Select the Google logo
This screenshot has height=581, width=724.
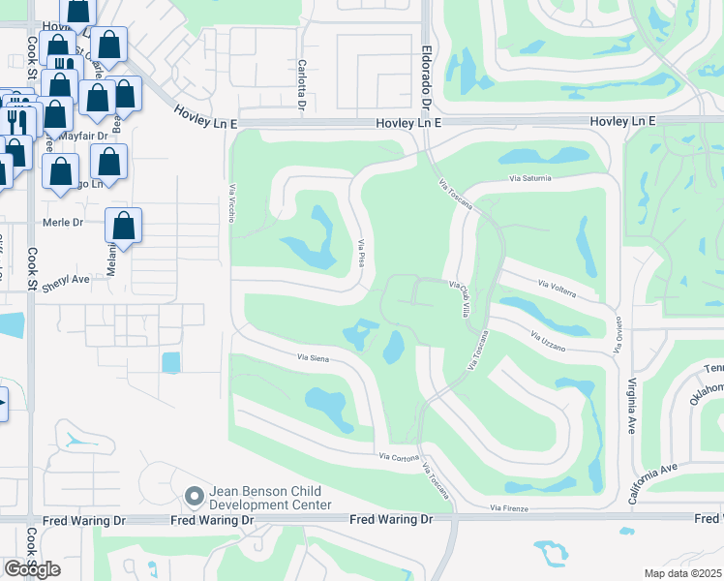click(x=32, y=568)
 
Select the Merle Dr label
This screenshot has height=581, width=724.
click(x=64, y=222)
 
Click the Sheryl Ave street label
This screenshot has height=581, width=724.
click(x=65, y=278)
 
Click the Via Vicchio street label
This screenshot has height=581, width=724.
click(x=232, y=203)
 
